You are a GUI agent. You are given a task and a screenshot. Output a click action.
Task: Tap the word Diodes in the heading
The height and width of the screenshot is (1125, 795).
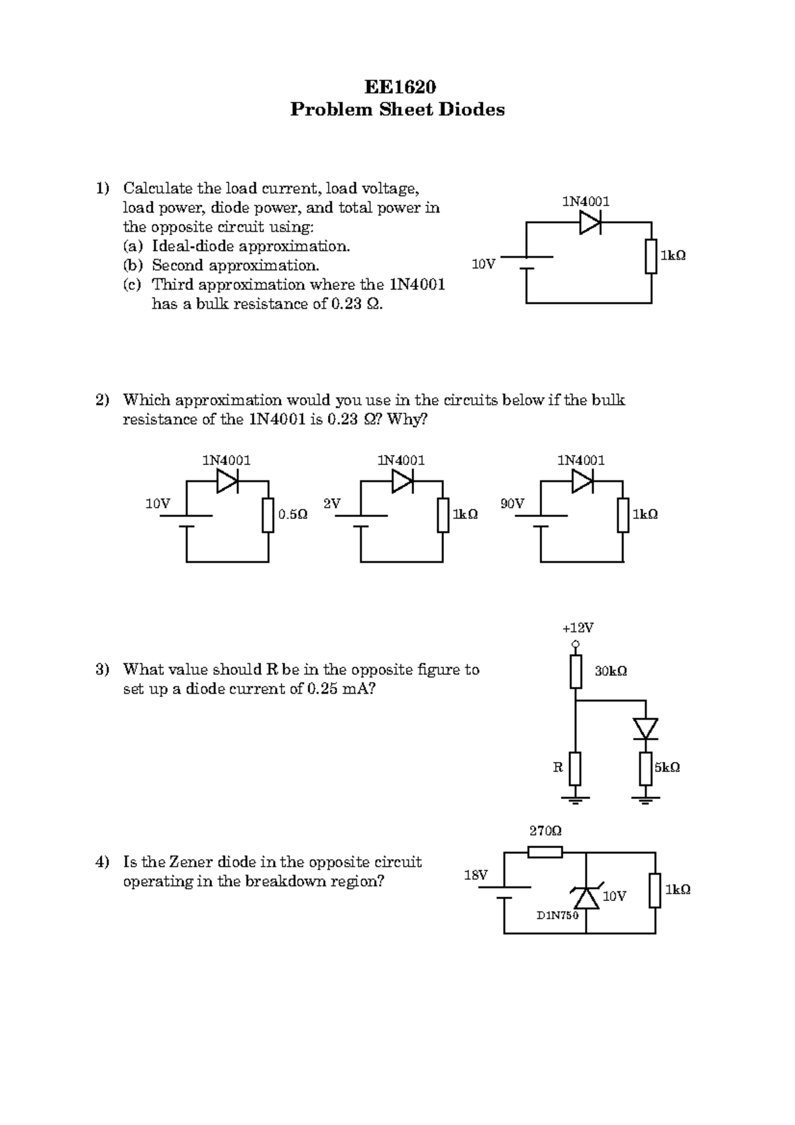pyautogui.click(x=470, y=109)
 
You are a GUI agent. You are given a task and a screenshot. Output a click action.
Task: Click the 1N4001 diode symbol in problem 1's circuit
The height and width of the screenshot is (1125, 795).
pyautogui.click(x=590, y=223)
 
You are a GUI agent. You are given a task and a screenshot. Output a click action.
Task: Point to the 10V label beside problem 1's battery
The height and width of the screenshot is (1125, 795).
pyautogui.click(x=483, y=264)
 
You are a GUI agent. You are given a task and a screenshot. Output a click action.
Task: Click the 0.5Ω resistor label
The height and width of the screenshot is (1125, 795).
pyautogui.click(x=293, y=514)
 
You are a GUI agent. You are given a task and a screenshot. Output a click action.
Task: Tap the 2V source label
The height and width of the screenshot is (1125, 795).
pyautogui.click(x=331, y=504)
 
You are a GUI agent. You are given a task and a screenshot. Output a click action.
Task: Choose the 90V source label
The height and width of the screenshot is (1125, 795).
pyautogui.click(x=512, y=504)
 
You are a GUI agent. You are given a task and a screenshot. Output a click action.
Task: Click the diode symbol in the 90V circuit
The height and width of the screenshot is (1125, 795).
pyautogui.click(x=582, y=482)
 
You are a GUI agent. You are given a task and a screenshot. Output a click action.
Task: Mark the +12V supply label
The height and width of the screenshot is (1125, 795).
pyautogui.click(x=578, y=627)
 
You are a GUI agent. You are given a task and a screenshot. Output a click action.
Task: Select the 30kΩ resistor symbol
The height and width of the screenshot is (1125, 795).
pyautogui.click(x=576, y=672)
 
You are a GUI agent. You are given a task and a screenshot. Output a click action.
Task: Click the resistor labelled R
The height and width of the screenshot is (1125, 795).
pyautogui.click(x=575, y=769)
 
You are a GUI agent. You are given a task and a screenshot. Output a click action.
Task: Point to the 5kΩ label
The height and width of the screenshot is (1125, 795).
pyautogui.click(x=667, y=767)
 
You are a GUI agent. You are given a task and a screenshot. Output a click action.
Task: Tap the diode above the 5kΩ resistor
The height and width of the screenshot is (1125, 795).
pyautogui.click(x=645, y=729)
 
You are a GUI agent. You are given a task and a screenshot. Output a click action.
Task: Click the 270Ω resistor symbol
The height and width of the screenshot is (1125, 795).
pyautogui.click(x=545, y=852)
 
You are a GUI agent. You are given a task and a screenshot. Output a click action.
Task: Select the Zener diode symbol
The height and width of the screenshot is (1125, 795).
pyautogui.click(x=586, y=896)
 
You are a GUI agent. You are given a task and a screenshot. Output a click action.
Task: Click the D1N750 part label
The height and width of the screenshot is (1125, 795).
pyautogui.click(x=557, y=915)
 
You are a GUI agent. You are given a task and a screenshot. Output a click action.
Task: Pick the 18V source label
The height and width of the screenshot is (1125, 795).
pyautogui.click(x=476, y=875)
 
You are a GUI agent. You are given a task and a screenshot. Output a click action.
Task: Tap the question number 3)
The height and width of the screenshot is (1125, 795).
pyautogui.click(x=101, y=669)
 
